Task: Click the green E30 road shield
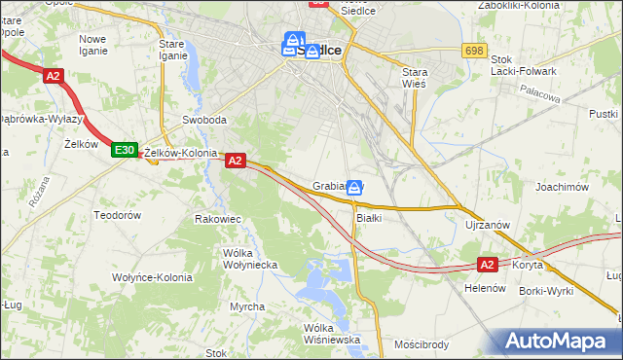coord(123,150)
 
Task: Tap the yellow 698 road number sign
coord(474,50)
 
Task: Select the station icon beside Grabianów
coord(356,187)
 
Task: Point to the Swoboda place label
coord(204,121)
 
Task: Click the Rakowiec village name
coord(217,219)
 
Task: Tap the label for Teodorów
coord(118,214)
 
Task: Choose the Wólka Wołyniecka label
coord(251,259)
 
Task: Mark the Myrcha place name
coord(247,306)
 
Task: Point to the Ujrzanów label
coord(488,225)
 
